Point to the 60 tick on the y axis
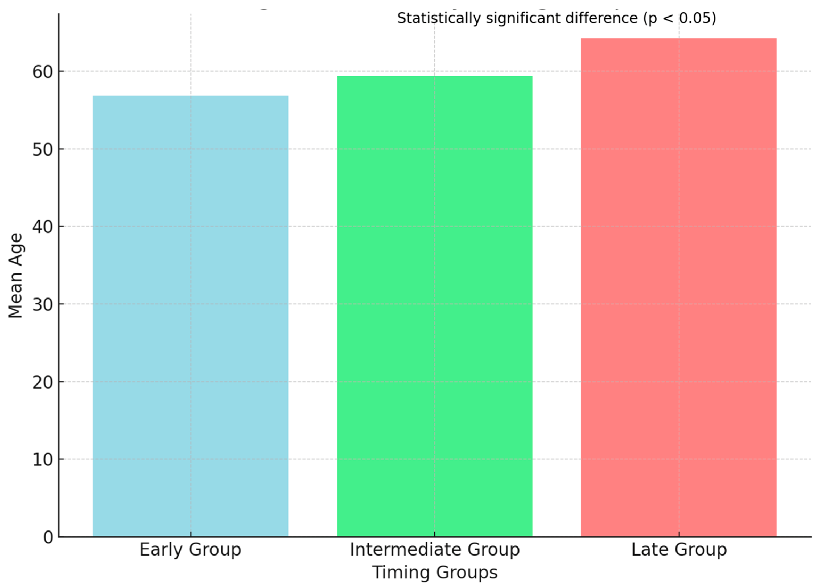tap(43, 72)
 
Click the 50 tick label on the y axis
tap(43, 149)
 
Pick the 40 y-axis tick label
tap(43, 227)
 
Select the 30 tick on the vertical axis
tap(43, 304)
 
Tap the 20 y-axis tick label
tap(43, 382)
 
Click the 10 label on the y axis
tap(43, 459)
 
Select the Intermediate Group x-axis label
tap(435, 550)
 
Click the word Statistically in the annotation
tap(439, 18)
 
